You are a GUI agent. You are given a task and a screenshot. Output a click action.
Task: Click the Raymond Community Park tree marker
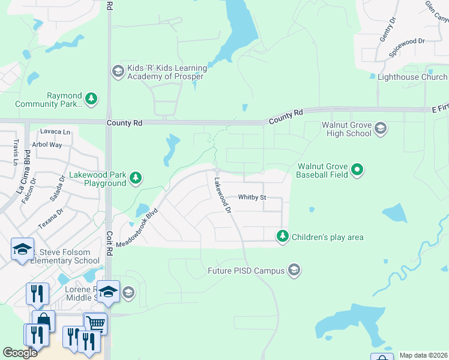click(x=91, y=98)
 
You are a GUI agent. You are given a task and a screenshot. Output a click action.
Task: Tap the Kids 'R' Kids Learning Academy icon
click(x=118, y=72)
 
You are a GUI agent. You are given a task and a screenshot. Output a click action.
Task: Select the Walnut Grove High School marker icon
click(x=380, y=128)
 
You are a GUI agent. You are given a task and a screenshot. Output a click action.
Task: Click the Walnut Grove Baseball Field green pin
click(x=357, y=170)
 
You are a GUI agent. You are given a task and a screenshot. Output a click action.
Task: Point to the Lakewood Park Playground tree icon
click(x=136, y=178)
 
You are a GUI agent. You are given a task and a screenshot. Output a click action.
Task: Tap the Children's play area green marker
click(x=282, y=236)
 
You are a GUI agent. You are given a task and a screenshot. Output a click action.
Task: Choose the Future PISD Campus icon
click(x=294, y=271)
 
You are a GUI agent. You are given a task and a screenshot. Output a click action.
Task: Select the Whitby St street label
click(x=252, y=197)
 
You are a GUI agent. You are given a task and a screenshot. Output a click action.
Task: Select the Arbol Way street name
click(x=47, y=145)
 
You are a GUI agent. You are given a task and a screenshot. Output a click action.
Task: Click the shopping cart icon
click(x=95, y=323)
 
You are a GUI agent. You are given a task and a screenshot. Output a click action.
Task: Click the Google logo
click(x=20, y=353)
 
